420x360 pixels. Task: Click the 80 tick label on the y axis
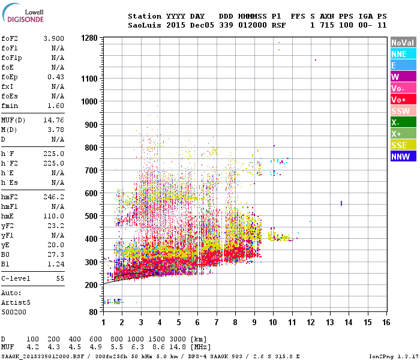coord(92,312)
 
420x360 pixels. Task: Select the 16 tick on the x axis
coord(386,322)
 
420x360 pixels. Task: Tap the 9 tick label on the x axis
coord(254,322)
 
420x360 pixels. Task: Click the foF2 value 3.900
coord(53,38)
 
